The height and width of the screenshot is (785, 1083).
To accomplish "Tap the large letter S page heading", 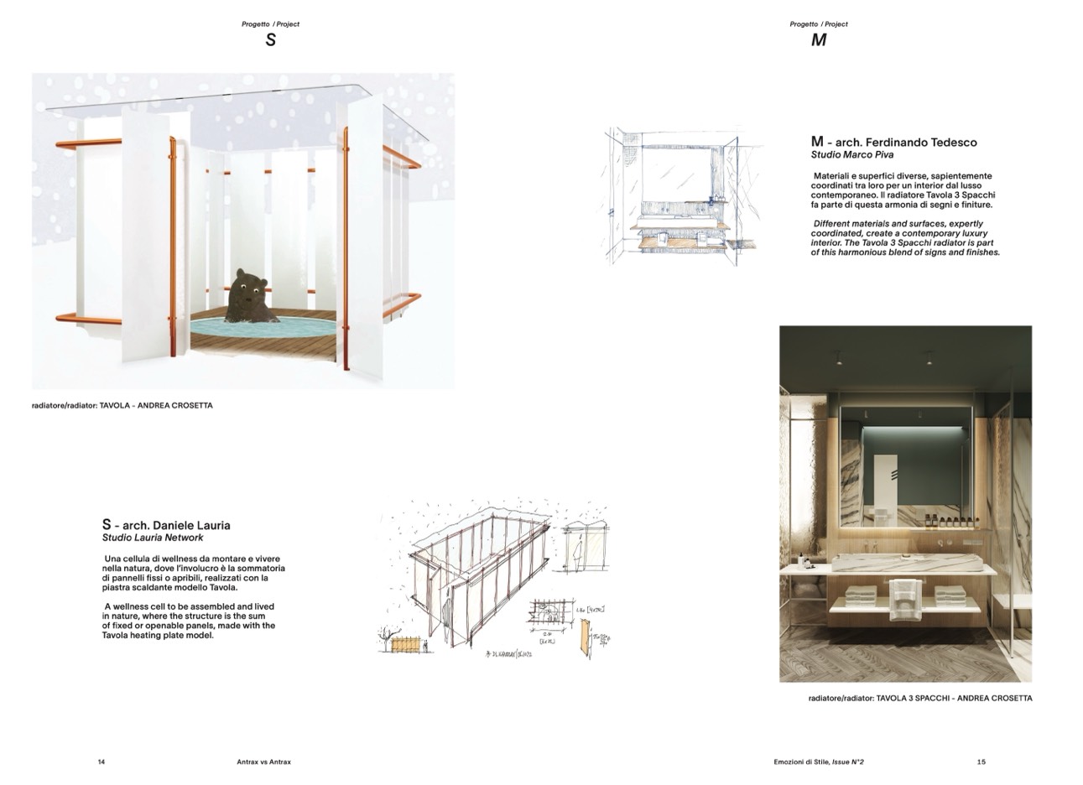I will coord(270,40).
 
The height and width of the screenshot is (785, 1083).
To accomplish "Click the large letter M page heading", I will coord(818,40).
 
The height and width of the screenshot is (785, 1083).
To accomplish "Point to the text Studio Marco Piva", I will coord(851,155).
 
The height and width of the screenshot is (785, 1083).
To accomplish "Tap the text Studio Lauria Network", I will coord(153,538).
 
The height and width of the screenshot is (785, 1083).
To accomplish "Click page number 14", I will coord(102,762).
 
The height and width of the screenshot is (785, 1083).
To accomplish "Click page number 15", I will coord(981,762).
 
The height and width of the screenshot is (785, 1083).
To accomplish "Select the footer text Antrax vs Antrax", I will coord(263,762).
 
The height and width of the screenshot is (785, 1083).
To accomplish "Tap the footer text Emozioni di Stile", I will coord(800,762).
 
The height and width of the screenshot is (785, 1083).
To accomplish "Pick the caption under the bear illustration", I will coord(122,405).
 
